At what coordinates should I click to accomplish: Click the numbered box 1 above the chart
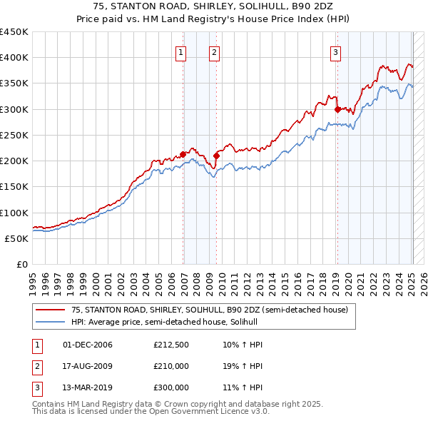point(180,51)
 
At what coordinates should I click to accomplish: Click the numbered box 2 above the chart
point(214,51)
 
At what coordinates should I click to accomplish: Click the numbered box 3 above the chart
point(335,51)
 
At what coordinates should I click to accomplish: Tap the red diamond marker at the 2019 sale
point(337,109)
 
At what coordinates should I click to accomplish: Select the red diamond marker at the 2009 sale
point(216,155)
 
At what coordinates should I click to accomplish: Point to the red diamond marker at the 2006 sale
point(183,154)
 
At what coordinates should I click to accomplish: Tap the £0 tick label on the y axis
point(21,264)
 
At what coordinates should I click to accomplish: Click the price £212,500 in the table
point(171,345)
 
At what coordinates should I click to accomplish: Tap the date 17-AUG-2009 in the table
point(88,366)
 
